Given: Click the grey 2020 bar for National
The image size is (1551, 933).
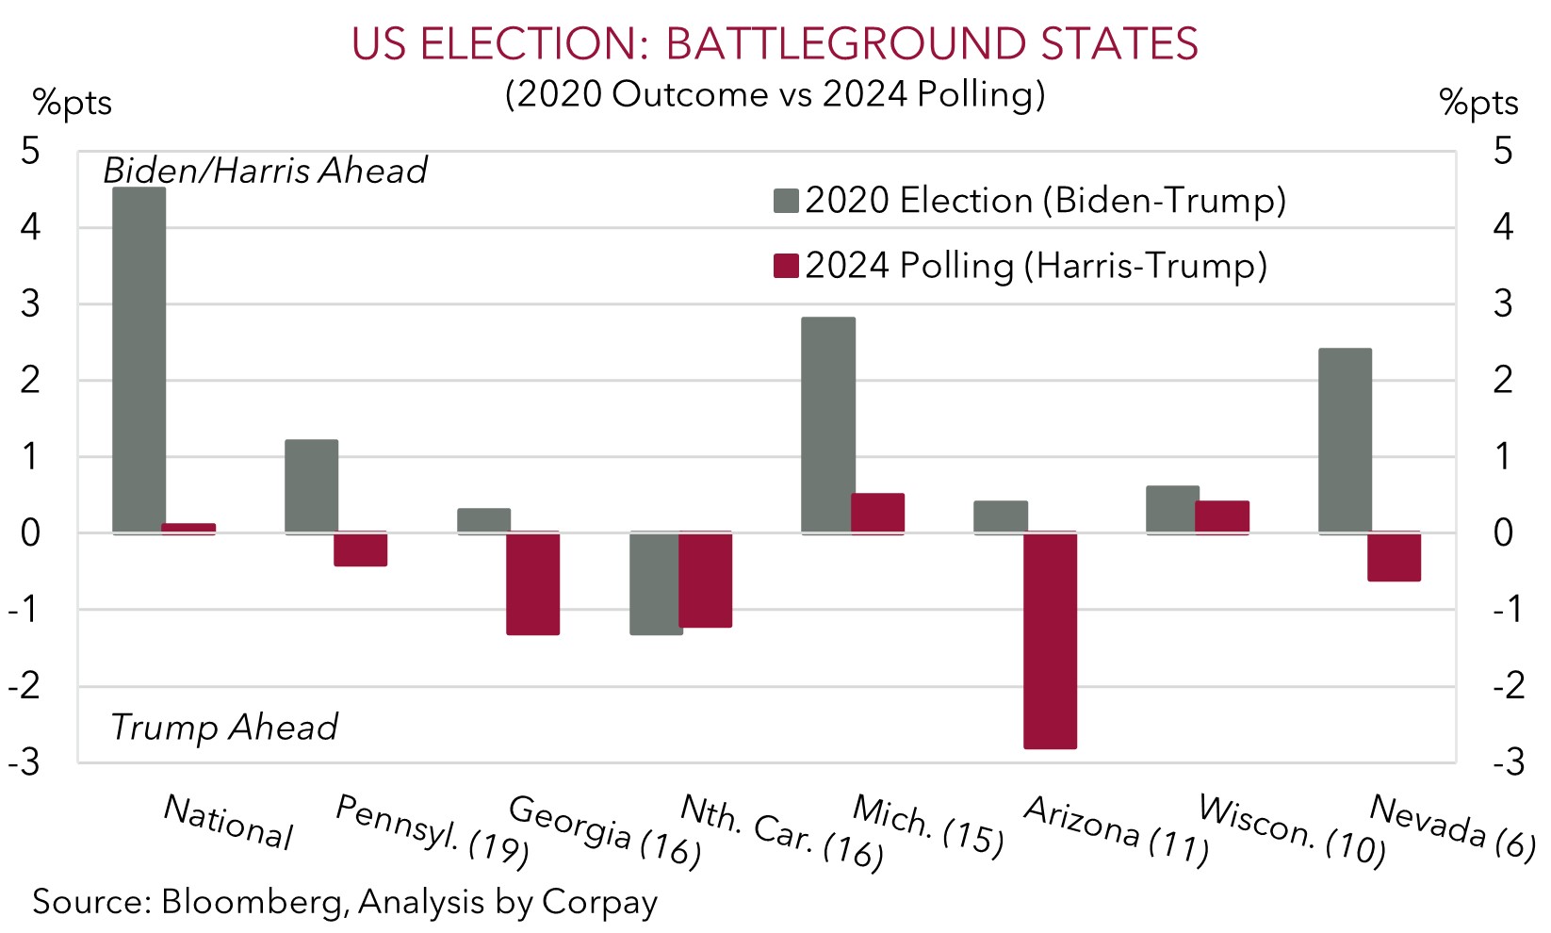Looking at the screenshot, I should pos(139,360).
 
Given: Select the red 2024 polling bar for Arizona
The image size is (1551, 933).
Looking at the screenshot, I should pos(1050,641).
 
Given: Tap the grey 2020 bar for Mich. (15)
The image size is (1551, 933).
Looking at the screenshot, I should pos(828,425).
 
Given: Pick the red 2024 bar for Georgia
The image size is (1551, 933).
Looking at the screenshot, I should pos(532,583).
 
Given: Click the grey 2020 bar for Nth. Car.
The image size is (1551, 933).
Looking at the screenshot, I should pos(656,583).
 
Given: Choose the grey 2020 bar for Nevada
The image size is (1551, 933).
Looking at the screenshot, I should pos(1345,441).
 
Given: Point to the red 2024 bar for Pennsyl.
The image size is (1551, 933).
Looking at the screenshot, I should pos(361,549).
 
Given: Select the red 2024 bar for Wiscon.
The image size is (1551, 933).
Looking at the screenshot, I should pos(1222,517).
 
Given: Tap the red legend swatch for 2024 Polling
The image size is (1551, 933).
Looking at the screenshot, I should pos(786,266).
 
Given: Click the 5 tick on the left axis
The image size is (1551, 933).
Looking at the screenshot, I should pos(31,151).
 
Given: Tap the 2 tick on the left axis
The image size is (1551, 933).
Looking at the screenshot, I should pos(31,380).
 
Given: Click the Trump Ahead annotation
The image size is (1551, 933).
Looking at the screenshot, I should pos(223,728).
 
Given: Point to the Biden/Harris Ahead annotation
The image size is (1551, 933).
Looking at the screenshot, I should pos(265,171).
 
